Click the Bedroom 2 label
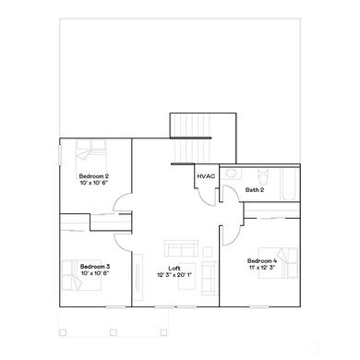coord(94,175)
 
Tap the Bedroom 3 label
coord(95,267)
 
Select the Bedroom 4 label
coord(262,261)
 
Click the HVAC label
coord(206,175)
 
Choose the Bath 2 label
coord(255,190)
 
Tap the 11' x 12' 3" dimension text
coord(262,269)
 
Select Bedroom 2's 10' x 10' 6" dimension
coord(94,183)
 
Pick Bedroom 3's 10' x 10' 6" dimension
coord(95,274)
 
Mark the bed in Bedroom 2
coord(89,150)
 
